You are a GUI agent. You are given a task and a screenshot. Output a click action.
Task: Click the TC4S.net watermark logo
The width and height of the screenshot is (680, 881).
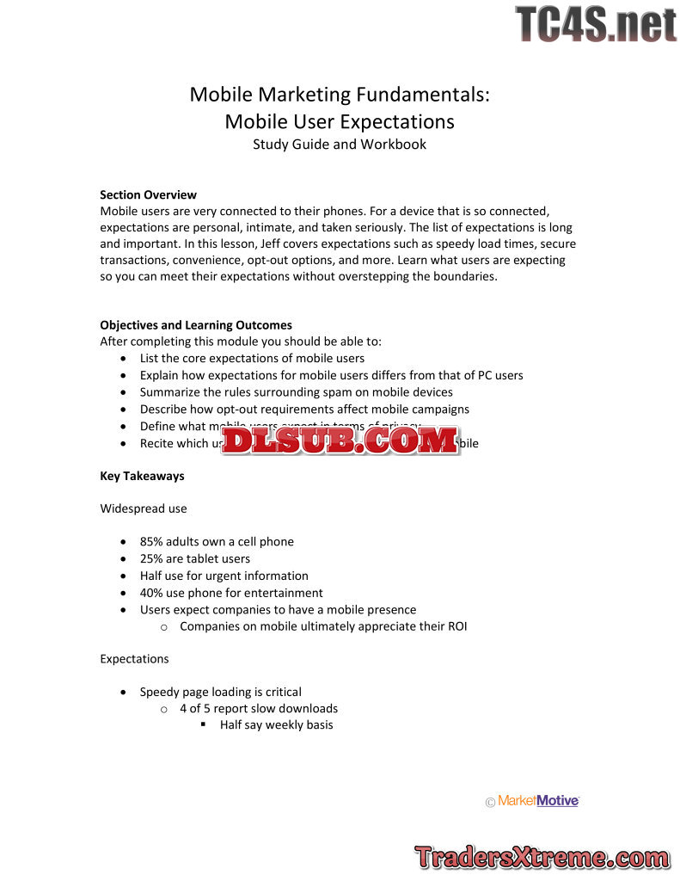pyautogui.click(x=596, y=24)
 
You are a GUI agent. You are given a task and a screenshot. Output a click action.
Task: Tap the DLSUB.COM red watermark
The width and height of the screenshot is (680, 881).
pyautogui.click(x=340, y=440)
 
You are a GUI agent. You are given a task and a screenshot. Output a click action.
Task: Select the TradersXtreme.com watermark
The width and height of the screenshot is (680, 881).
pyautogui.click(x=542, y=857)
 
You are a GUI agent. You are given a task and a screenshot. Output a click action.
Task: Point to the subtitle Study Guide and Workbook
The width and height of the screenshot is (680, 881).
pyautogui.click(x=340, y=145)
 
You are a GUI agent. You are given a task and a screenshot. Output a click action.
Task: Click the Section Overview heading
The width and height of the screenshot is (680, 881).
pyautogui.click(x=148, y=194)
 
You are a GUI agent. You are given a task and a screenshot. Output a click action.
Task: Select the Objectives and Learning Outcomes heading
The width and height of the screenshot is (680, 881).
pyautogui.click(x=196, y=325)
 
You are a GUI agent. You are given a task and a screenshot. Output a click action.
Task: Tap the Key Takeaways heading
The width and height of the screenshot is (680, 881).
pyautogui.click(x=142, y=476)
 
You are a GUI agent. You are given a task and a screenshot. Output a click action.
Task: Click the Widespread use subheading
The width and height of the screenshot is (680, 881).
pyautogui.click(x=144, y=508)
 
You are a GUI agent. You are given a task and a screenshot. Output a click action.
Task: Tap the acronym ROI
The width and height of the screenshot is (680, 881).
pyautogui.click(x=456, y=626)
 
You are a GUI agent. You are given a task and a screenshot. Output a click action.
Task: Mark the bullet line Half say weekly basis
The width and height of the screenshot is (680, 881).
pyautogui.click(x=276, y=725)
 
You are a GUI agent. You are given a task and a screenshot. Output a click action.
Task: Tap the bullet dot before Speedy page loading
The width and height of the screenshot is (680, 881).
pyautogui.click(x=126, y=692)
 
